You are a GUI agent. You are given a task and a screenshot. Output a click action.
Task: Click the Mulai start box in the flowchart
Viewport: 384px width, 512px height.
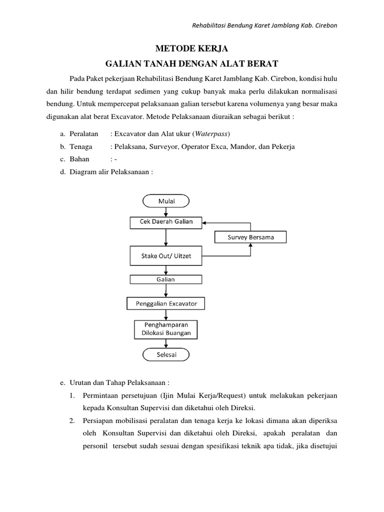[x=166, y=201]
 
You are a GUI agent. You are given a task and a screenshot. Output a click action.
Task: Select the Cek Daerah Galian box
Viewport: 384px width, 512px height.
[x=166, y=222]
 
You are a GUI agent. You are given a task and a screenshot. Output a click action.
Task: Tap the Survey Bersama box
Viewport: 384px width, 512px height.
[x=251, y=237]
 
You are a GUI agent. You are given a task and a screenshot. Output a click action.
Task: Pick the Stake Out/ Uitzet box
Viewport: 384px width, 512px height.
[x=166, y=256]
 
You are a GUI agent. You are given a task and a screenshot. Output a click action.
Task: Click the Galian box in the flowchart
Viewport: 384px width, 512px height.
[x=166, y=279]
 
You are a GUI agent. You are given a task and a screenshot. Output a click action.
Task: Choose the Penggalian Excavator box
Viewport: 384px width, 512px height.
[x=166, y=303]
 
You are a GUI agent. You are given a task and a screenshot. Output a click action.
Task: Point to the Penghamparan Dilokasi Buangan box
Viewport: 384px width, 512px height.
[x=166, y=328]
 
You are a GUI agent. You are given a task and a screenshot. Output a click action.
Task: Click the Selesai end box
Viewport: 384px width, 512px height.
[x=166, y=354]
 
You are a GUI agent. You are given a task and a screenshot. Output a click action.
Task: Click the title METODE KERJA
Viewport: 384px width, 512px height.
[x=192, y=49]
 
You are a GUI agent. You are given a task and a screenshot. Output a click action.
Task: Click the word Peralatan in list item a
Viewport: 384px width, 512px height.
[x=85, y=134]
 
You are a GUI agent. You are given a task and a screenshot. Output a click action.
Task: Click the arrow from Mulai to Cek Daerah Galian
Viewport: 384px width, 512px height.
[x=166, y=212]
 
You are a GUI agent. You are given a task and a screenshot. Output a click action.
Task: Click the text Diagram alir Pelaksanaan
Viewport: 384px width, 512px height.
[x=110, y=171]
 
